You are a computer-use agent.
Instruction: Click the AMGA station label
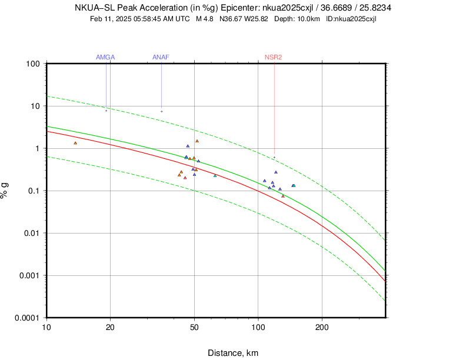[105, 57]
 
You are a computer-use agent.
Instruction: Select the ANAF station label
[161, 57]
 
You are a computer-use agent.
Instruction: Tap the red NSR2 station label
[273, 57]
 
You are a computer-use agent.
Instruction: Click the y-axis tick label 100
[32, 64]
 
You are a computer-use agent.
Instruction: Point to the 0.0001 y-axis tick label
[27, 318]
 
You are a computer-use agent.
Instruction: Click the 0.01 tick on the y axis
[32, 233]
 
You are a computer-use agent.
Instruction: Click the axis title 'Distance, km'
[233, 353]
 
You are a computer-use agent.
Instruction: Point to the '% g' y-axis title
[5, 190]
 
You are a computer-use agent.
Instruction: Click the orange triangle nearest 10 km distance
[75, 143]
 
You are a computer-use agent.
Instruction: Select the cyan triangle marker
[294, 186]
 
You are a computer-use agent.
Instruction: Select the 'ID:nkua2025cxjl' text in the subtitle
[351, 19]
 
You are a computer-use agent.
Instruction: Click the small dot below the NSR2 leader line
[274, 157]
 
